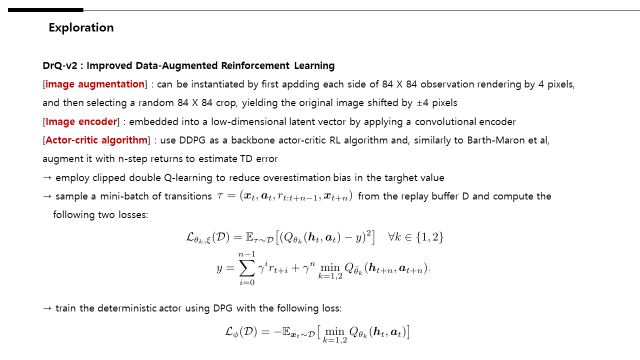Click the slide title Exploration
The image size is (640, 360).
[x=81, y=28]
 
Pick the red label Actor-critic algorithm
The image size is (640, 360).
[x=98, y=139]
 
